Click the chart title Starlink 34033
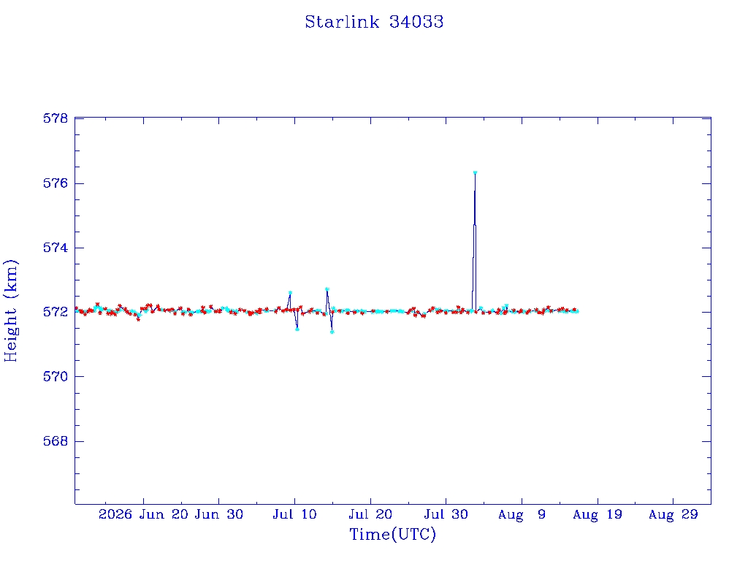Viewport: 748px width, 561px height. point(374,22)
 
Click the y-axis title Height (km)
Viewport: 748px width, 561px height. point(11,310)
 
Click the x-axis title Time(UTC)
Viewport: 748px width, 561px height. point(392,534)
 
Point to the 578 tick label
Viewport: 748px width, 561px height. point(56,118)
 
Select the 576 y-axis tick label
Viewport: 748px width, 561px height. point(56,183)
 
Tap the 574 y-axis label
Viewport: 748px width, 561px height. point(56,248)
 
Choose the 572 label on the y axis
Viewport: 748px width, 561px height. point(56,312)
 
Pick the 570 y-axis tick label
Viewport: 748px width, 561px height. point(56,376)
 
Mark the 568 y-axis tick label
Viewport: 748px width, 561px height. point(56,441)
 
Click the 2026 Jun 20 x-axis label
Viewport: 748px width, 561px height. point(144,514)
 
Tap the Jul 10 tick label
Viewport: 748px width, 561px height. point(294,514)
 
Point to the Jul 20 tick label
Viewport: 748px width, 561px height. point(370,514)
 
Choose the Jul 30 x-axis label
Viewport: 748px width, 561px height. point(446,514)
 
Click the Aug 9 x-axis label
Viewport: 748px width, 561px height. point(522,514)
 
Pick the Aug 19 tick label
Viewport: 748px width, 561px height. point(598,514)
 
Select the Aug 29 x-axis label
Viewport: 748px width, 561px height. point(673,514)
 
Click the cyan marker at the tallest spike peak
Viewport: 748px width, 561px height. point(475,172)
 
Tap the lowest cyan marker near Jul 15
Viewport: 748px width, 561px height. point(332,332)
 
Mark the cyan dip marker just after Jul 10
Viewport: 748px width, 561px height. point(297,329)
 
